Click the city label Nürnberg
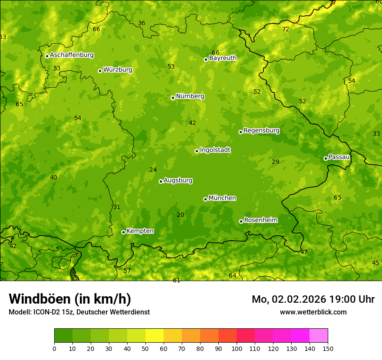tap(190, 96)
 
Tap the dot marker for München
tap(205, 199)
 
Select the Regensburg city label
tap(261, 131)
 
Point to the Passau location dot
tap(326, 158)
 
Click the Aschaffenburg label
tap(72, 55)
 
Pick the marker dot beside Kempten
tap(123, 232)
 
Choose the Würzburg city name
tap(118, 70)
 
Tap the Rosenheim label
tap(260, 220)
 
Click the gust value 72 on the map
tap(286, 29)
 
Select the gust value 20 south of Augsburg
tap(181, 215)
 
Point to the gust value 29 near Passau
tap(276, 162)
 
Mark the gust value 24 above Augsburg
tap(153, 170)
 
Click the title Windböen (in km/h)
tap(70, 299)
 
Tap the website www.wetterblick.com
tap(313, 312)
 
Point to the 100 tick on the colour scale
tap(237, 348)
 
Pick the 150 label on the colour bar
tap(328, 348)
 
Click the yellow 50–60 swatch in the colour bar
tap(155, 336)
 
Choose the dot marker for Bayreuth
tap(206, 59)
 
